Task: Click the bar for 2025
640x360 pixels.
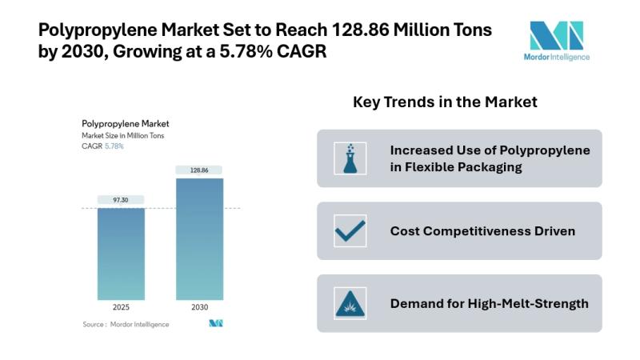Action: tap(121, 254)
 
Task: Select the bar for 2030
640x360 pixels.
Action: tap(199, 238)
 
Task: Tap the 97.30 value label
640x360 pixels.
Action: tap(121, 200)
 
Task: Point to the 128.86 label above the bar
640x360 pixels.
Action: tap(199, 170)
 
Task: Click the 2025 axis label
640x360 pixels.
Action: tap(121, 307)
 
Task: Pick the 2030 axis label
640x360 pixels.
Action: tap(199, 307)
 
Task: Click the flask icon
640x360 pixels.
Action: tap(350, 158)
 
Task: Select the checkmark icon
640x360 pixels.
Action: tap(350, 231)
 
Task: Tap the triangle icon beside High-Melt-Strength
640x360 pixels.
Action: tap(350, 303)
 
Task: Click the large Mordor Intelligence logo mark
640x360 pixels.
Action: tap(556, 35)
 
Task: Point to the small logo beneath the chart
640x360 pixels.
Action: tap(216, 323)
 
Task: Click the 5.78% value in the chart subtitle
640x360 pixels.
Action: tap(114, 146)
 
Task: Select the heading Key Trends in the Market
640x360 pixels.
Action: tap(445, 102)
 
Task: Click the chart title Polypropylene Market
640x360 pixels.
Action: tap(126, 124)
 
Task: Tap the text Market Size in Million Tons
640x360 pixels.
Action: tap(123, 135)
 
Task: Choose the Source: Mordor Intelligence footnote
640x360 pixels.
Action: tap(126, 325)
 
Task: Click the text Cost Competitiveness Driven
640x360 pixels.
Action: tap(482, 231)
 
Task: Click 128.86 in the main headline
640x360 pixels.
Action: tap(360, 30)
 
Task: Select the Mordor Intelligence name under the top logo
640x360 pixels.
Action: tap(557, 57)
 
